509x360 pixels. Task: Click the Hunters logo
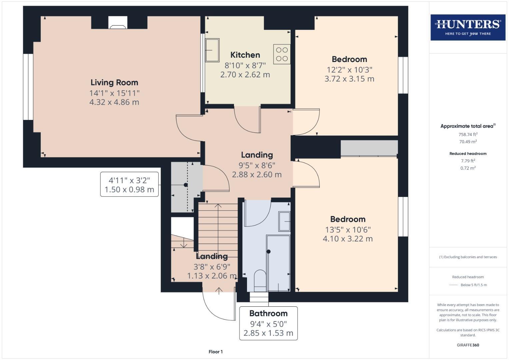tap(468, 27)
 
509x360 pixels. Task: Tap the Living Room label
tap(114, 82)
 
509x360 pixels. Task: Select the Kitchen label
tap(245, 55)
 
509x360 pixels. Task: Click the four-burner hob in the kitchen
tap(282, 54)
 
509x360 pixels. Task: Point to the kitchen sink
tap(212, 50)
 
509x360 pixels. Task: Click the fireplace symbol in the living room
tap(118, 23)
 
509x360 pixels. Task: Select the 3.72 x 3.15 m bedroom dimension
tap(349, 79)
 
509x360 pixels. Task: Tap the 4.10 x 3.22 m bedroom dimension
tap(348, 239)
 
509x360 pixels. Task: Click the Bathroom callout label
tap(268, 313)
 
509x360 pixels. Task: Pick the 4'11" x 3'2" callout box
tap(129, 185)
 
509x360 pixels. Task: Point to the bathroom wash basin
tap(284, 221)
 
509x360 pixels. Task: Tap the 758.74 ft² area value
tap(468, 134)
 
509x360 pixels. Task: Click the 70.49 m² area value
tap(468, 142)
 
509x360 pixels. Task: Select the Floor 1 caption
tap(216, 352)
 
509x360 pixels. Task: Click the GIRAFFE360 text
tap(468, 345)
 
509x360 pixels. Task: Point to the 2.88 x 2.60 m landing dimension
tap(257, 174)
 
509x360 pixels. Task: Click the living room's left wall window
tap(28, 87)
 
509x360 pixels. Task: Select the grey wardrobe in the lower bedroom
tap(369, 148)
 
